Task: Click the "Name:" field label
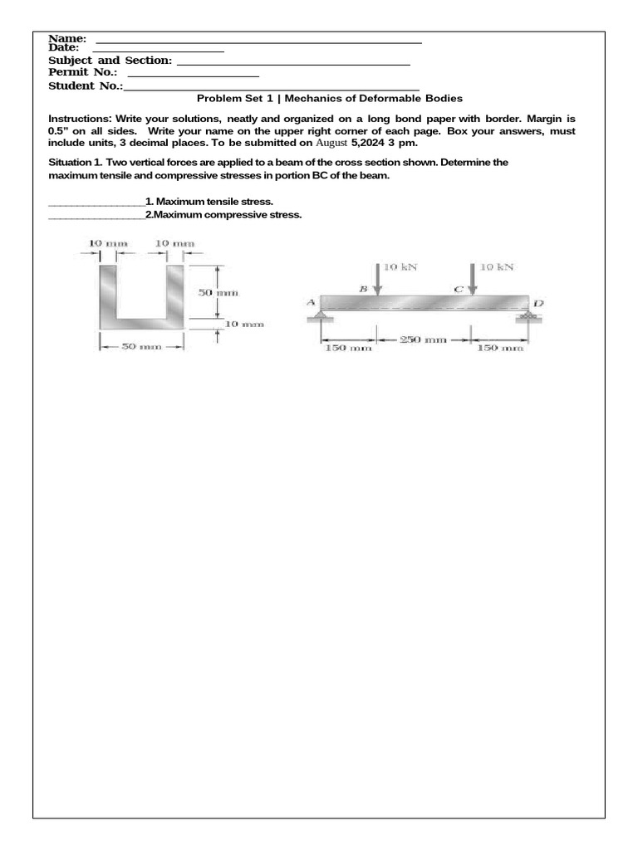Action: pyautogui.click(x=67, y=39)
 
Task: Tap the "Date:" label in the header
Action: pyautogui.click(x=64, y=48)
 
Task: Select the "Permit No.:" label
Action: pyautogui.click(x=82, y=72)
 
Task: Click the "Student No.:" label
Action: pyautogui.click(x=86, y=85)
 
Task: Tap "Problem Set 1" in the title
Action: pyautogui.click(x=234, y=98)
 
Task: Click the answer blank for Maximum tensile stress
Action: pyautogui.click(x=96, y=202)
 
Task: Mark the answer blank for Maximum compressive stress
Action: pyautogui.click(x=96, y=215)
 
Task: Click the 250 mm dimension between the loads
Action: pyautogui.click(x=425, y=340)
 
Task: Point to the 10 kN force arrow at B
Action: pyautogui.click(x=378, y=279)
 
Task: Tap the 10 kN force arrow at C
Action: pyautogui.click(x=473, y=279)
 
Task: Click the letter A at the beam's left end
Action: pyautogui.click(x=312, y=302)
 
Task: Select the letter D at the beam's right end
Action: pyautogui.click(x=537, y=304)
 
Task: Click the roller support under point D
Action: pyautogui.click(x=527, y=316)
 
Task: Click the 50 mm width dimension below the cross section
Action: pyautogui.click(x=141, y=347)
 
